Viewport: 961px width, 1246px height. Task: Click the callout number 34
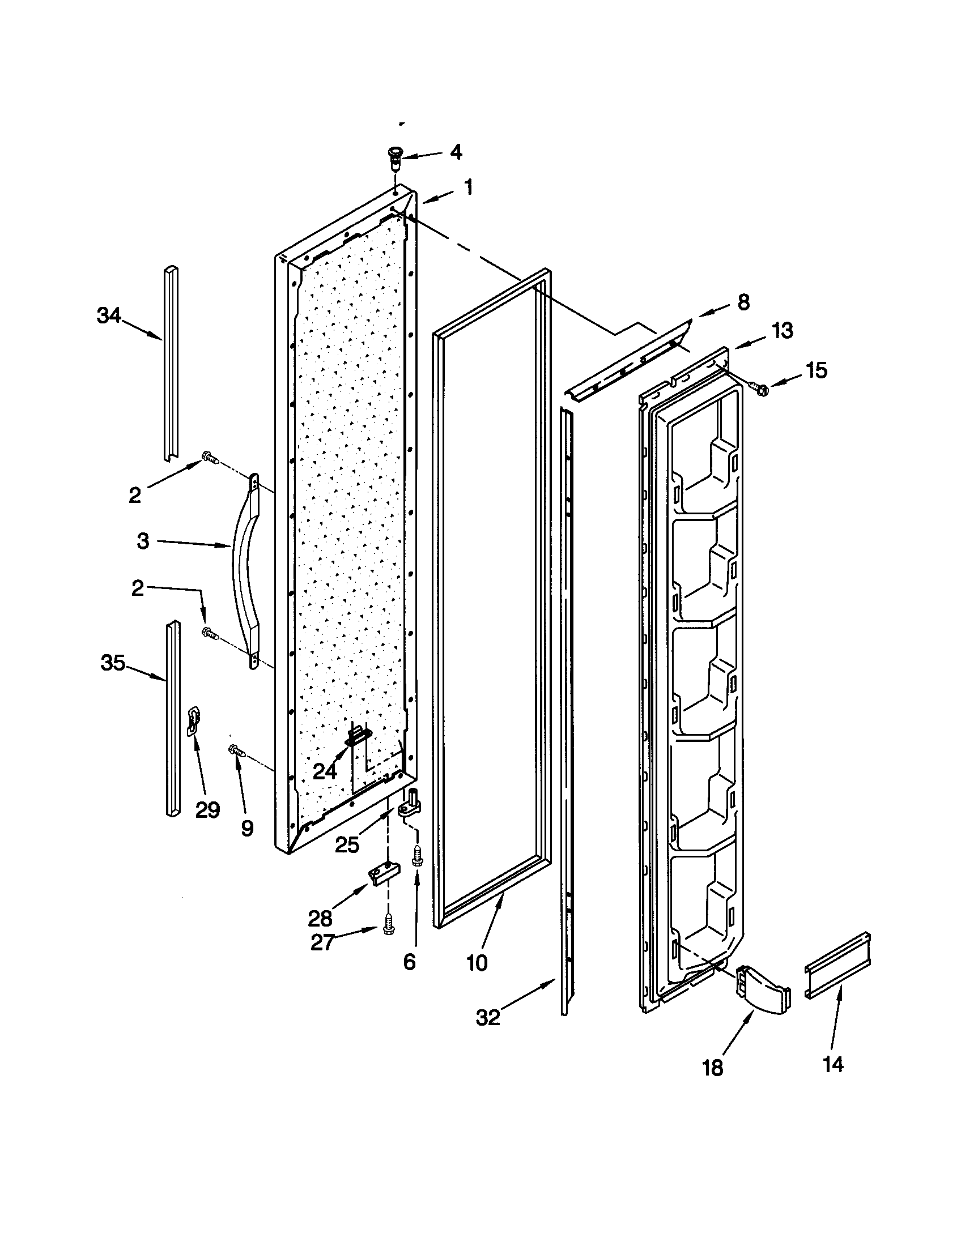(109, 315)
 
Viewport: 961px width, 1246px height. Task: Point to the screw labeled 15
(760, 389)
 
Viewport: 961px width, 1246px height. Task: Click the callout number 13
(783, 330)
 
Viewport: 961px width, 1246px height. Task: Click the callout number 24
(325, 772)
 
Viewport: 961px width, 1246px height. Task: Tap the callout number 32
(488, 1017)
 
